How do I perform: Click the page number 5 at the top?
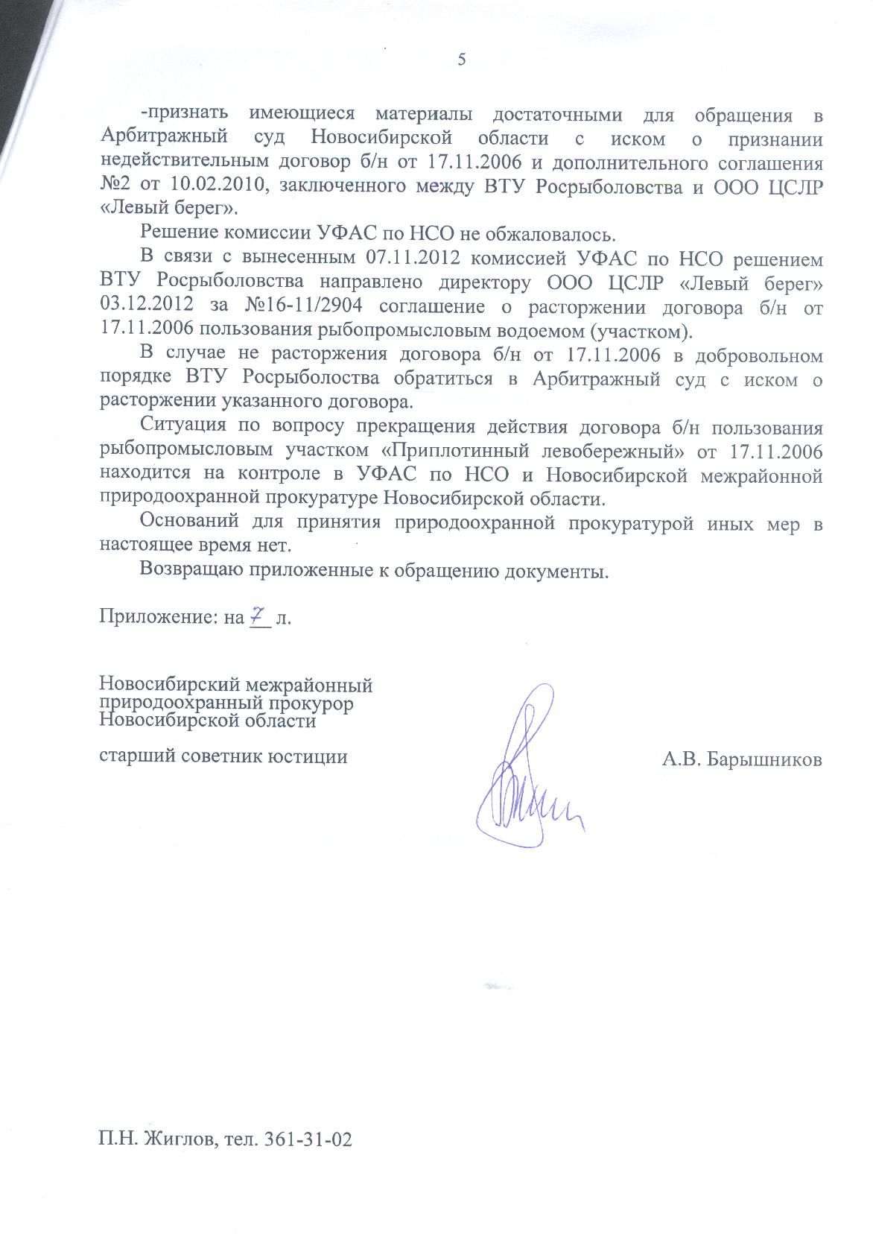click(x=461, y=60)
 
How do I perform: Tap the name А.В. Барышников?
click(x=742, y=759)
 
